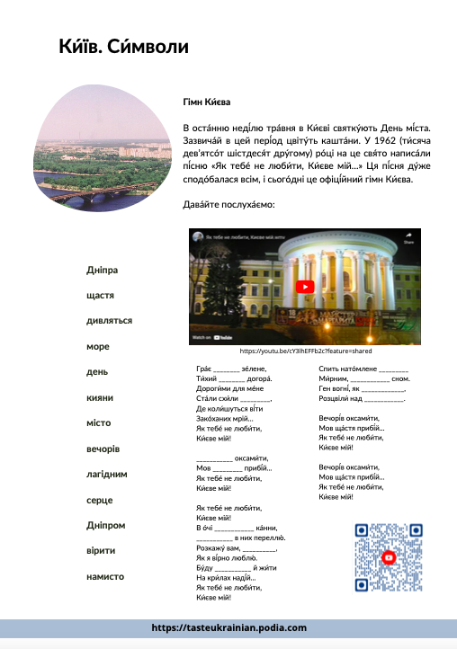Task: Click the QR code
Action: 388,556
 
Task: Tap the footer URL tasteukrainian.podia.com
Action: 228,627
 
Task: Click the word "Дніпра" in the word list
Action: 103,270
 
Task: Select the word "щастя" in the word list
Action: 101,295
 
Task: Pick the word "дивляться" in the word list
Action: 110,320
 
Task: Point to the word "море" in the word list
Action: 98,345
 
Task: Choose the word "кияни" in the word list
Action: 100,396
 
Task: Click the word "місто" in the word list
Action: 99,422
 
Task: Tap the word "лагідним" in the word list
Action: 108,473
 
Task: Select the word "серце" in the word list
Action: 99,499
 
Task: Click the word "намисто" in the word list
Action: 105,575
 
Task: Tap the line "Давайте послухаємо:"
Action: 228,206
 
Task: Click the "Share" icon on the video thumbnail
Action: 408,238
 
